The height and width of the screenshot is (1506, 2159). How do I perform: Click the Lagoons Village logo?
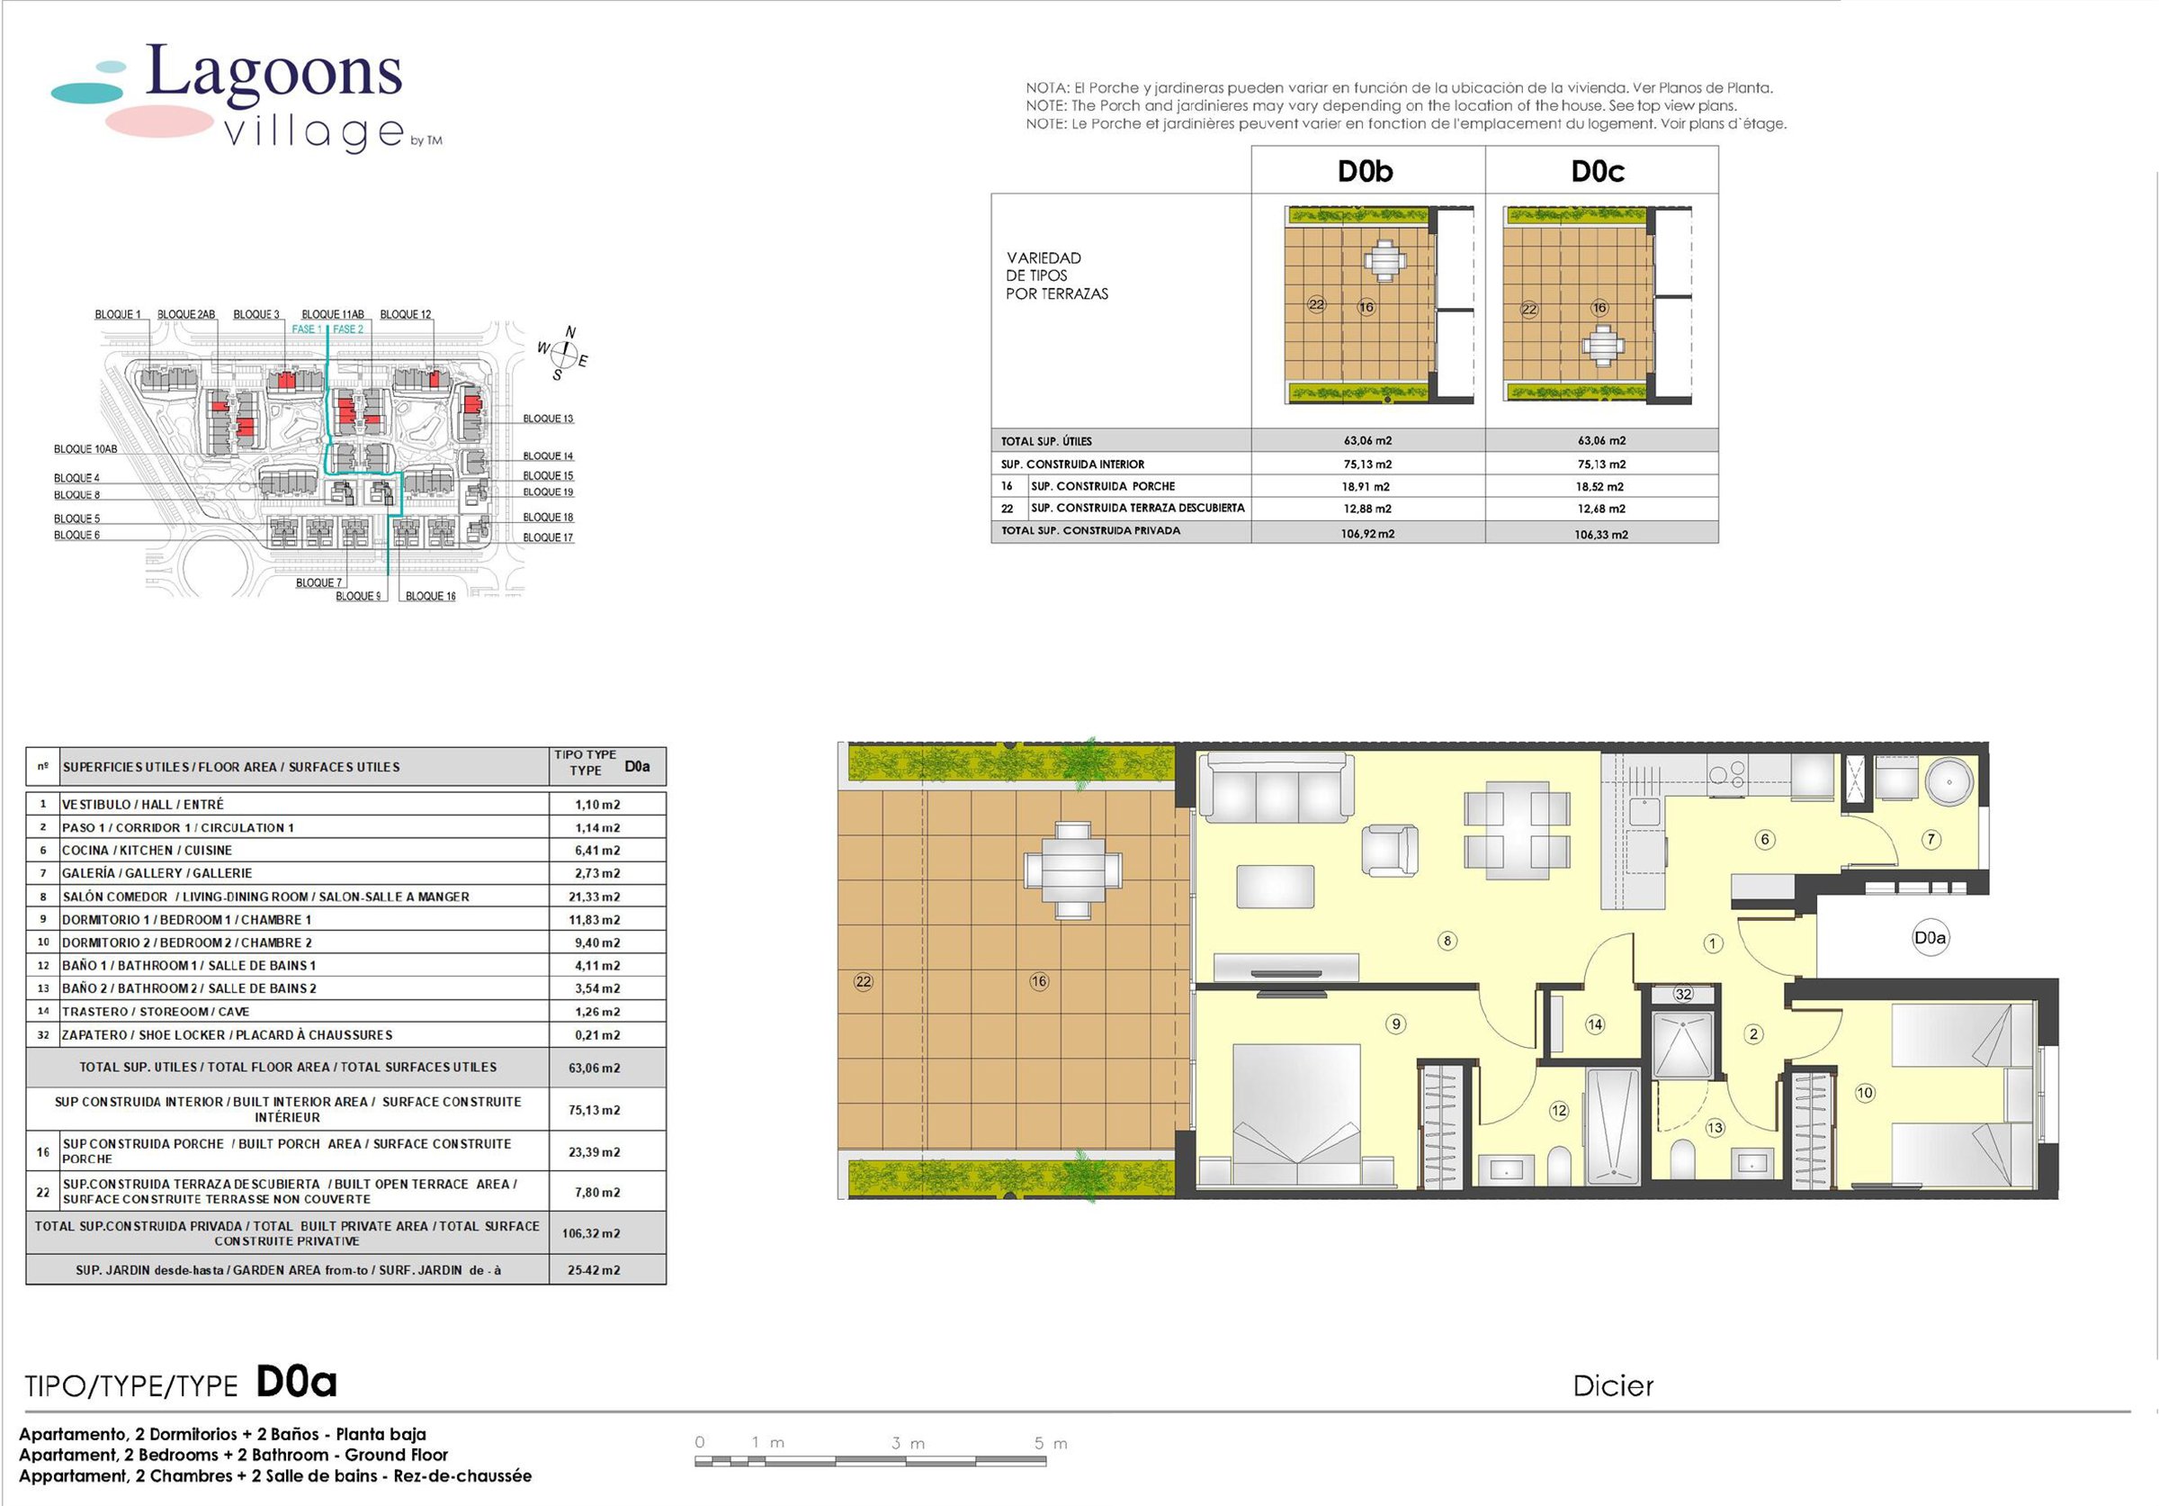pos(246,97)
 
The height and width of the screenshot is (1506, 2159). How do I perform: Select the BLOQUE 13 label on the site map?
pos(548,419)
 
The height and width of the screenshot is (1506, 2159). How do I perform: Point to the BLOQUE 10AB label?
pos(85,449)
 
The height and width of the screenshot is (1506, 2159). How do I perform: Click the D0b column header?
pos(1366,171)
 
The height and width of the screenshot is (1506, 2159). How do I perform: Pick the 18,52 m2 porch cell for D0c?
pos(1601,486)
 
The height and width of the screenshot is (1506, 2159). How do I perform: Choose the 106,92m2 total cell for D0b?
pos(1367,533)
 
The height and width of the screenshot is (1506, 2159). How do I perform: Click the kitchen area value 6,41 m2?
pos(597,851)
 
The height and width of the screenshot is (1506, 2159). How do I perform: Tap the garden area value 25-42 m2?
pos(594,1270)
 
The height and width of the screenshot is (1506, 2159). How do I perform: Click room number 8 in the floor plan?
pos(1447,940)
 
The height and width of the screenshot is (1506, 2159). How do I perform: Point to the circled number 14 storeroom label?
pos(1595,1024)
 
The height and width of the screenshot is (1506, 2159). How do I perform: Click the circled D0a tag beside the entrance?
pos(1930,938)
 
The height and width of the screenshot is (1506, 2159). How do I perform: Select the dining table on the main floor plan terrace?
pos(1073,870)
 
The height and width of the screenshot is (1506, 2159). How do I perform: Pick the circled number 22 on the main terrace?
pos(864,981)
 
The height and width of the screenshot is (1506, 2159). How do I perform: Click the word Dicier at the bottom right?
pos(1613,1385)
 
